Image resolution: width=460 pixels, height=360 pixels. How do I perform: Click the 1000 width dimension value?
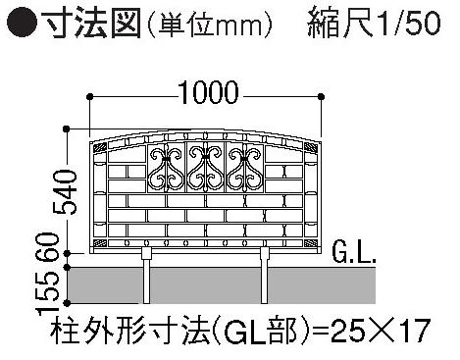click(x=209, y=93)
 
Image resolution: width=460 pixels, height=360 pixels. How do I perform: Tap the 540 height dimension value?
click(x=66, y=191)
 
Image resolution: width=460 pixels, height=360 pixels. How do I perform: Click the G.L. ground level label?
click(x=354, y=253)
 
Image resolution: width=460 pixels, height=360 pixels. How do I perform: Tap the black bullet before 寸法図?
click(x=23, y=23)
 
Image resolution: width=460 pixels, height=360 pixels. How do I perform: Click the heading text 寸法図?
click(x=93, y=23)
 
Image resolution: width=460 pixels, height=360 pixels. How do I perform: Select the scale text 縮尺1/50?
click(x=374, y=23)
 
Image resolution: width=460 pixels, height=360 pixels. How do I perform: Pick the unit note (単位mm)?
click(x=210, y=23)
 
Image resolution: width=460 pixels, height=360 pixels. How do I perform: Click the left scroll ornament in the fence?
click(x=166, y=169)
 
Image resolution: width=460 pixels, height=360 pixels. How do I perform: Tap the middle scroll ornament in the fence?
click(x=205, y=169)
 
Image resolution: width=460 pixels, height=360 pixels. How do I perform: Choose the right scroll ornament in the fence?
click(x=245, y=169)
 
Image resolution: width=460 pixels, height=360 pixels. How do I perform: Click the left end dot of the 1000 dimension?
click(x=89, y=96)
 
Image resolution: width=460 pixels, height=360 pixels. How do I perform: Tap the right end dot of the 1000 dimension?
click(x=322, y=96)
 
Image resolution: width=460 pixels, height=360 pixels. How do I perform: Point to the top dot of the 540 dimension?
click(x=67, y=129)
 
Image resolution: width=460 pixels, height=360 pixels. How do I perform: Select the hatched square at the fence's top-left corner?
click(x=99, y=148)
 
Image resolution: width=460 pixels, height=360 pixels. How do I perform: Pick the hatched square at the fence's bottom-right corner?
click(x=311, y=243)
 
